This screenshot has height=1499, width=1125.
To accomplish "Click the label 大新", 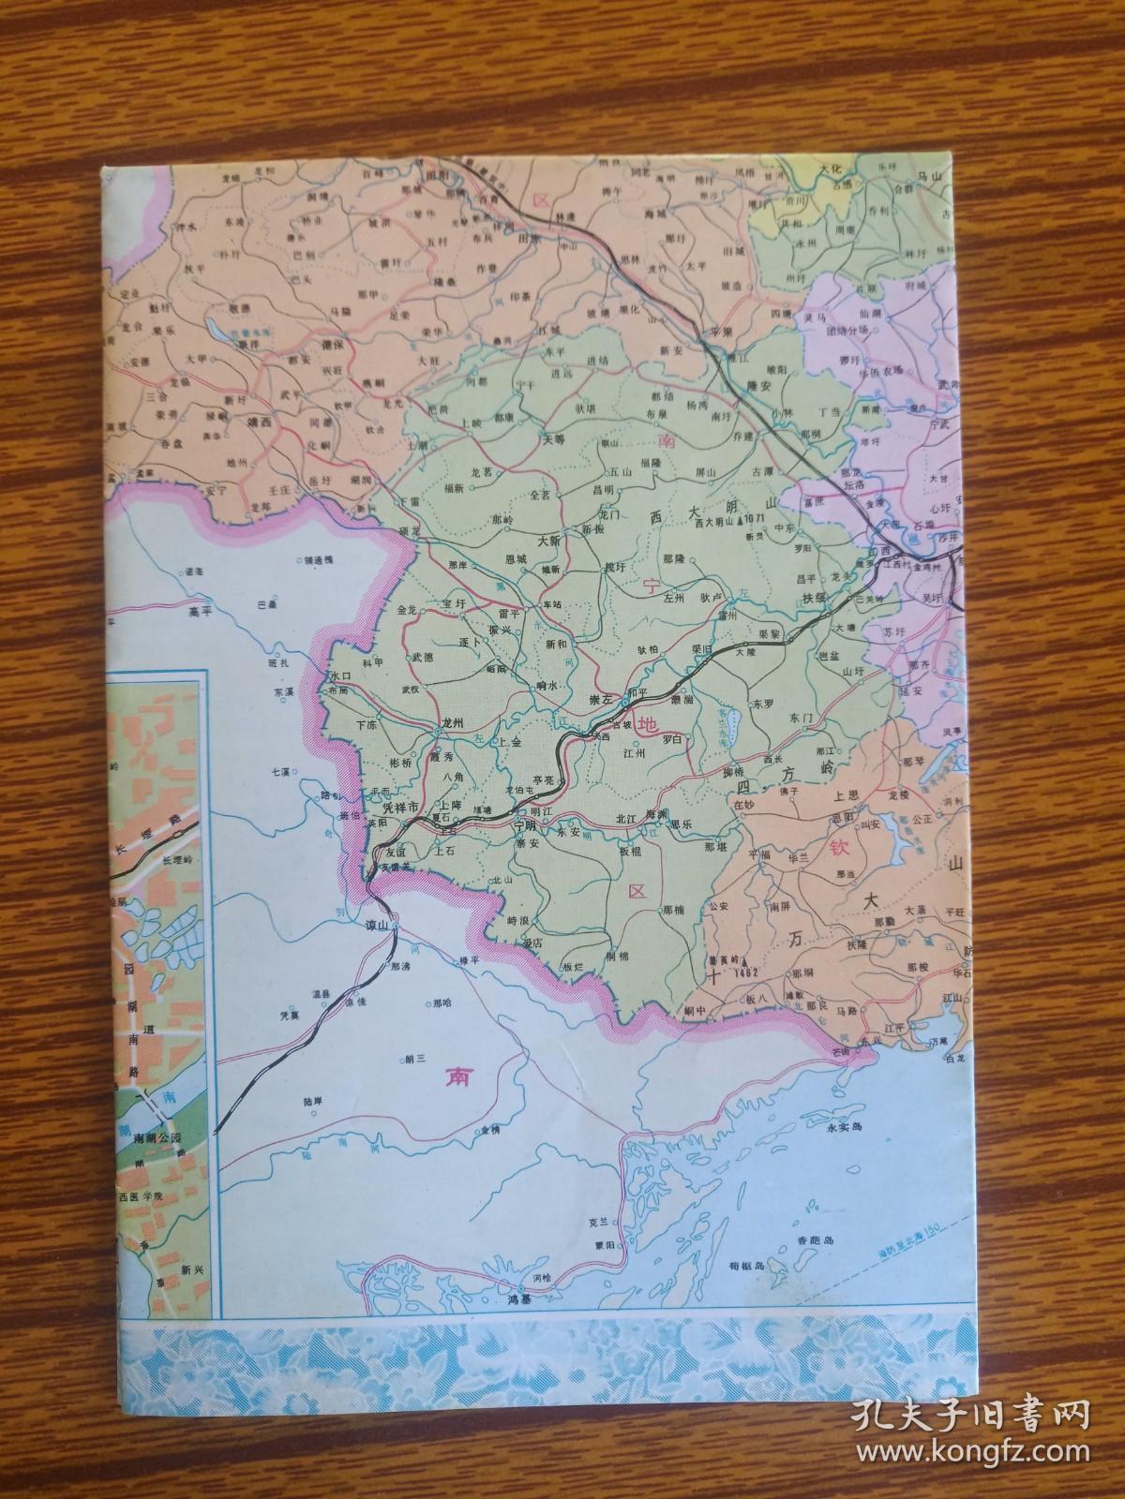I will coord(547,541).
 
